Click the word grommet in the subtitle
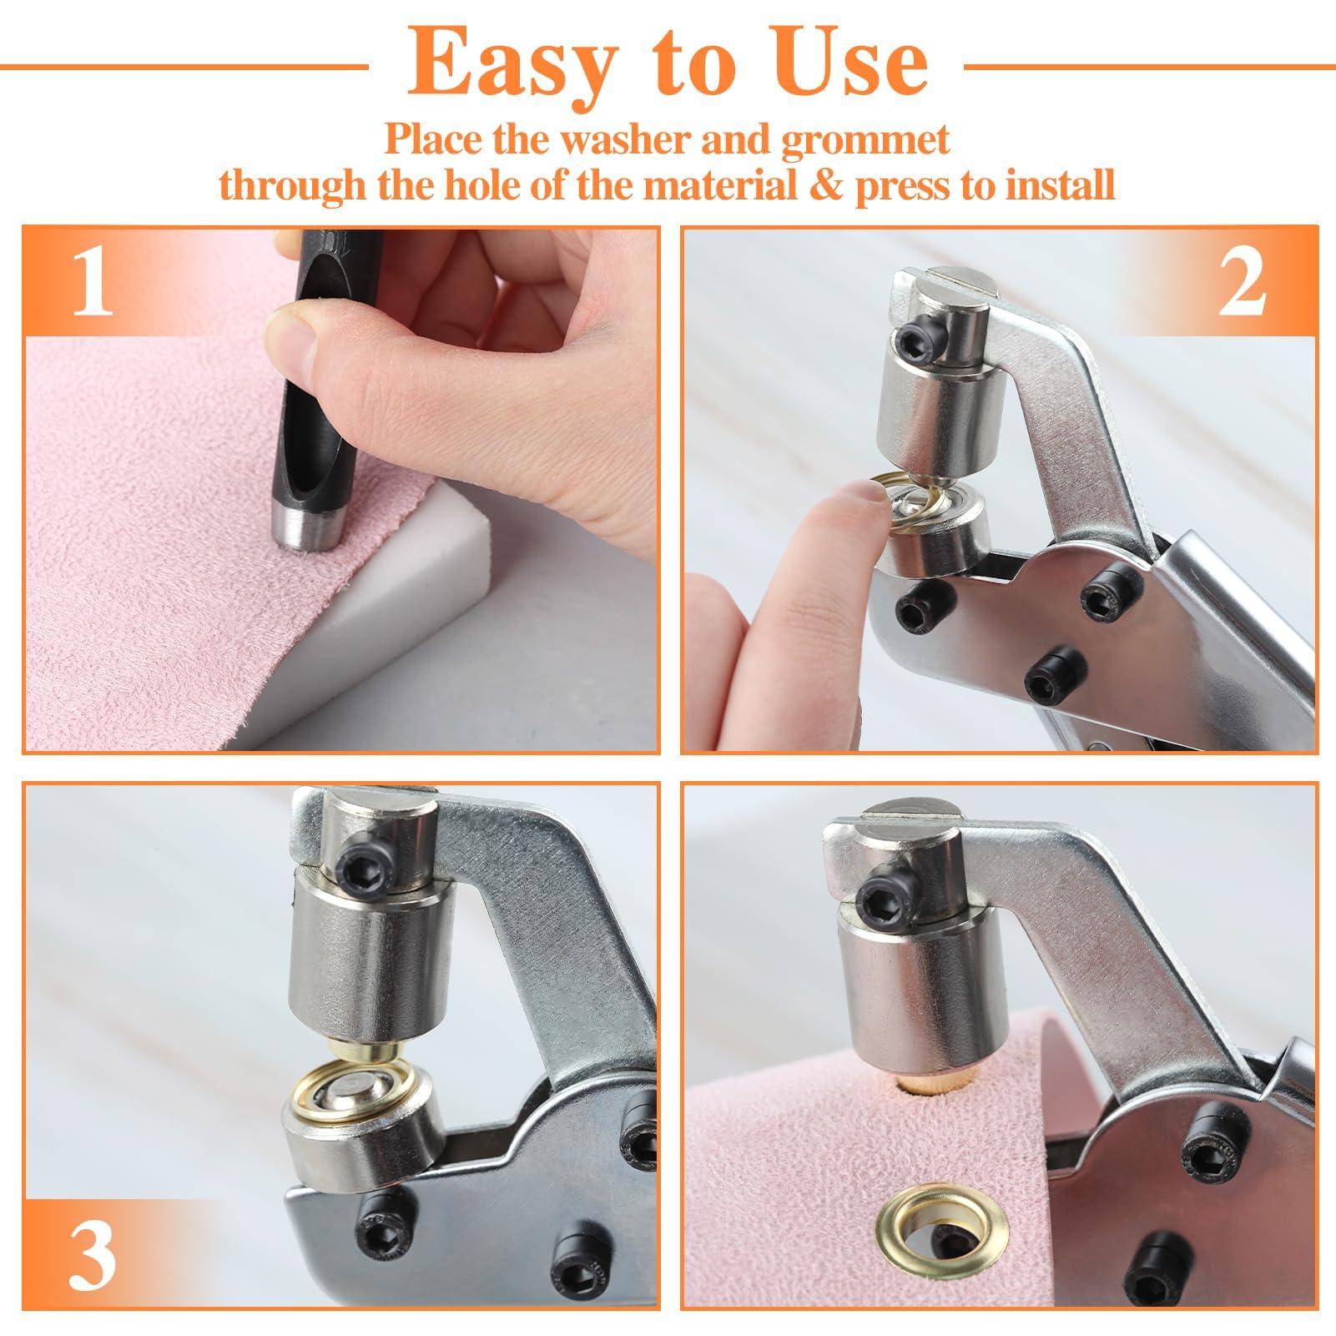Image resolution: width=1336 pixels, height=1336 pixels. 865,139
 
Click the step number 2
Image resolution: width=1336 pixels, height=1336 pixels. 1242,284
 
